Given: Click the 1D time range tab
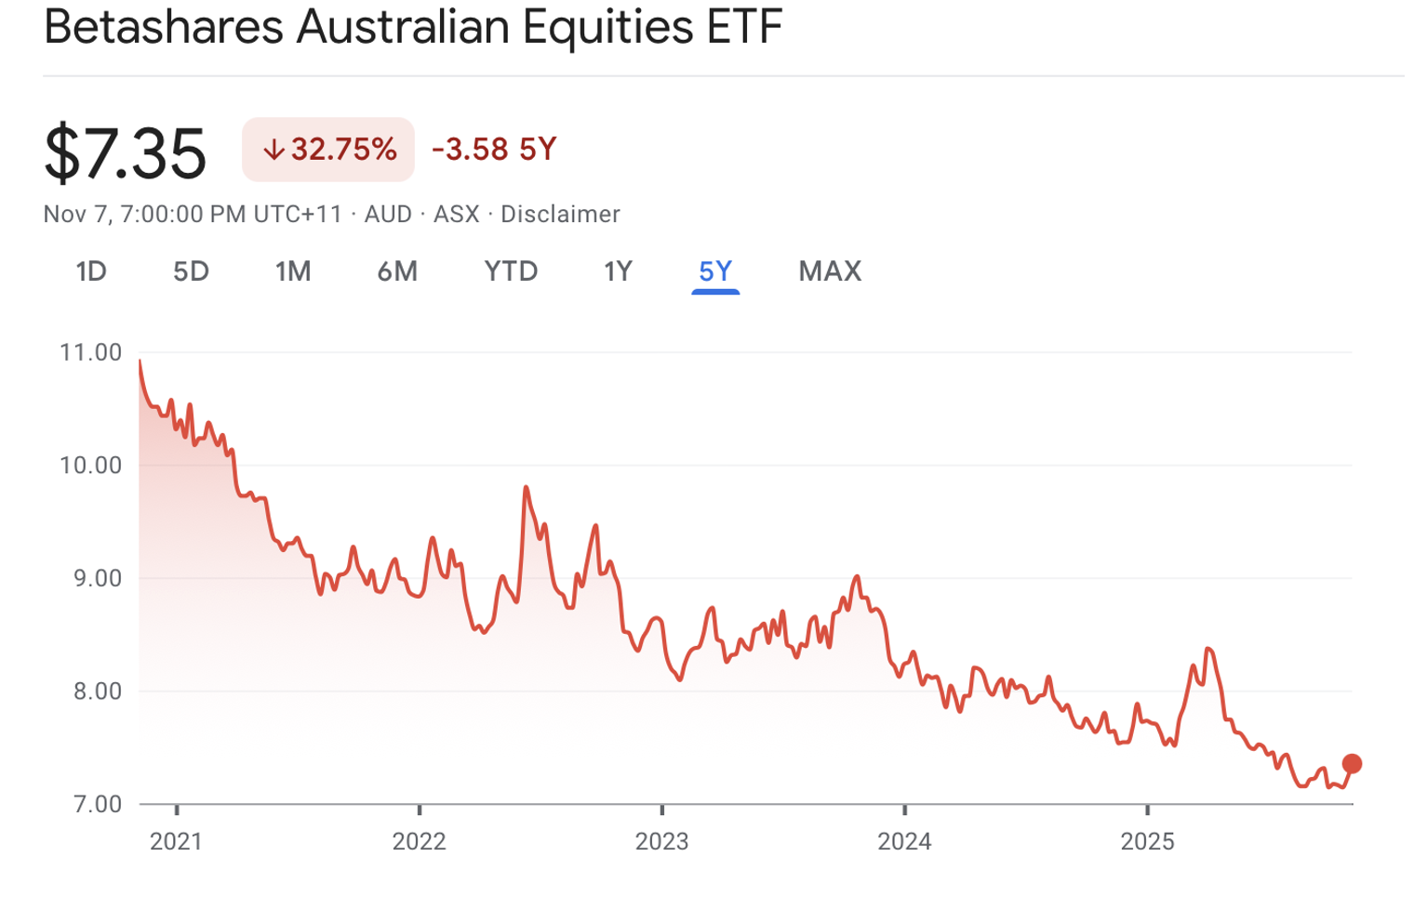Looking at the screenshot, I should (91, 271).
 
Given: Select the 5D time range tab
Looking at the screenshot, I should (191, 271).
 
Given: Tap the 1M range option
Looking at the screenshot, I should (293, 271).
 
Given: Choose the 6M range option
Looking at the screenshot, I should (397, 271).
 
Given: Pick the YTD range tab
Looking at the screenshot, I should (511, 271).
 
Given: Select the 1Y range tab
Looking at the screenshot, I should (618, 271).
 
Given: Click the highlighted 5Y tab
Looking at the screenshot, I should (715, 271).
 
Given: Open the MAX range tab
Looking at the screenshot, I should (830, 271).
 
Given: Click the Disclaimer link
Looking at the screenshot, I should (560, 215).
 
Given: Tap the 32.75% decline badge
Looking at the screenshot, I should (328, 150).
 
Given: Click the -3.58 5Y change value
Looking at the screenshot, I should (494, 150).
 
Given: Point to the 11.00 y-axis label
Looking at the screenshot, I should (90, 352).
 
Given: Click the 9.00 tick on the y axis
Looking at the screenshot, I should (96, 578).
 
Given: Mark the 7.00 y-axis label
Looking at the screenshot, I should (96, 804).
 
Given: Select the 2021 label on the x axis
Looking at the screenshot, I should (176, 842).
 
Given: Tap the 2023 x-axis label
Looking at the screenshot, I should (661, 842).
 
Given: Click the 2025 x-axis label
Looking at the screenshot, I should (1147, 842).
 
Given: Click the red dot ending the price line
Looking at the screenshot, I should (1352, 764).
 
